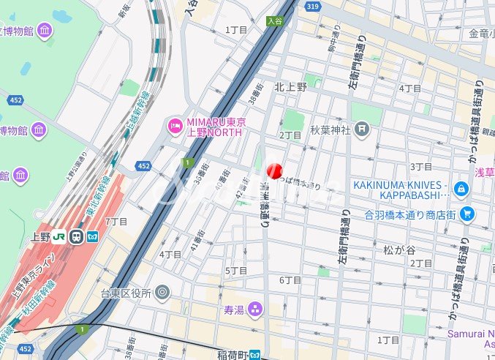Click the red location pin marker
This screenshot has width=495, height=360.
tap(274, 171)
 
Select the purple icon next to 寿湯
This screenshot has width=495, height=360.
tap(254, 309)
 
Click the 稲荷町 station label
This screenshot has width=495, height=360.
tap(232, 355)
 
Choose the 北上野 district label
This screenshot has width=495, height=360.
tap(290, 86)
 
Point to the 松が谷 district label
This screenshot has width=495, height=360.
tap(399, 250)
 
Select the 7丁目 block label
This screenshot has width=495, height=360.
tap(116, 221)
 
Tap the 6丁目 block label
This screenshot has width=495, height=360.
tap(290, 280)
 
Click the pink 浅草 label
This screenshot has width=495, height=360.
tap(485, 173)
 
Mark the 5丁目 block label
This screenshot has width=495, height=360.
tap(236, 271)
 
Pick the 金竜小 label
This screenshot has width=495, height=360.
tap(481, 34)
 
